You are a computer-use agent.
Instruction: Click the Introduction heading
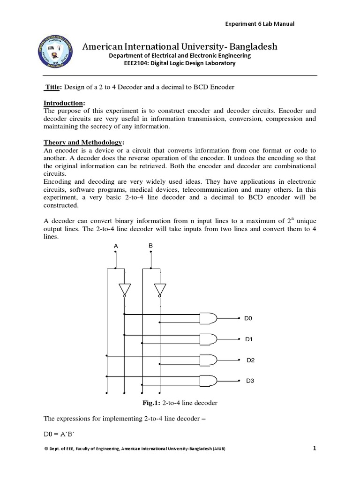click(65, 103)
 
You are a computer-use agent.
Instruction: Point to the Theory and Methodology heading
click(83, 142)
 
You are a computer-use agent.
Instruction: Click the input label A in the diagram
click(115, 246)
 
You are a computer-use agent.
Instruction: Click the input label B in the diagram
click(150, 246)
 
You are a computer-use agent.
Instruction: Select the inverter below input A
click(124, 289)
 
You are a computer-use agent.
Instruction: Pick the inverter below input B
click(159, 289)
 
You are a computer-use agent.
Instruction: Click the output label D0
click(248, 318)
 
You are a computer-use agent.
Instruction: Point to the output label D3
click(250, 381)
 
